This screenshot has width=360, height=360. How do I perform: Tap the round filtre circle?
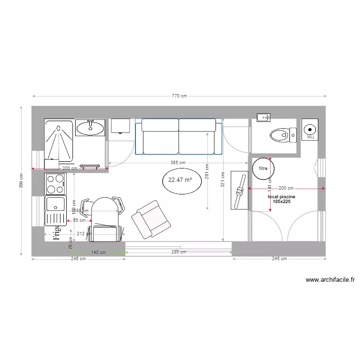[263, 168]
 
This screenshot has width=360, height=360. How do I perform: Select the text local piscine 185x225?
[281, 199]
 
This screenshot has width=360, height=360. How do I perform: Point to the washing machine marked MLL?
[311, 130]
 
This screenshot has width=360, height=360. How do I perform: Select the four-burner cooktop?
[55, 183]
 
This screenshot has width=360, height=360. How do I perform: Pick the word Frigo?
[56, 231]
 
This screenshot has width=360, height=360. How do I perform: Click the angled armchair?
[151, 219]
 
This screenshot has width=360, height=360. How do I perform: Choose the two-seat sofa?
[179, 136]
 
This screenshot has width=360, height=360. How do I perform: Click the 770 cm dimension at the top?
[179, 96]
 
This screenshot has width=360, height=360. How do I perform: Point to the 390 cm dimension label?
[21, 180]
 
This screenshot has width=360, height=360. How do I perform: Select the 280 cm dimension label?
[179, 252]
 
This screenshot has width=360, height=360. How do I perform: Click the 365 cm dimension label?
[178, 163]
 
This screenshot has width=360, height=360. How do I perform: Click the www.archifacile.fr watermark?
[330, 280]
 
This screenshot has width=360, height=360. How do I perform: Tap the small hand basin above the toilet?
[263, 117]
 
